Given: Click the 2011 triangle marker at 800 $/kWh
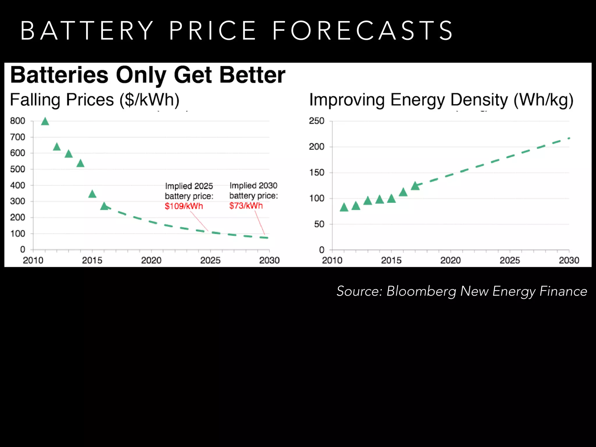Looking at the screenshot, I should pyautogui.click(x=45, y=122).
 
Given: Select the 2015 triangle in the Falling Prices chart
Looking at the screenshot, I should pyautogui.click(x=92, y=194).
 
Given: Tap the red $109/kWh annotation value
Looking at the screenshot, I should pyautogui.click(x=184, y=206).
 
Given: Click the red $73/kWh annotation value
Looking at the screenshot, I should pyautogui.click(x=246, y=206).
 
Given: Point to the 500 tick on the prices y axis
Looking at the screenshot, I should pyautogui.click(x=18, y=169).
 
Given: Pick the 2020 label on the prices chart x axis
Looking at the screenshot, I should pyautogui.click(x=151, y=260).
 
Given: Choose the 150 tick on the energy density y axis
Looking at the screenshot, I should pyautogui.click(x=317, y=173).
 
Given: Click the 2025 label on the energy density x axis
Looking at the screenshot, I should pyautogui.click(x=510, y=260).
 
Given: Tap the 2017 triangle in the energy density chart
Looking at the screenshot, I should pyautogui.click(x=415, y=186).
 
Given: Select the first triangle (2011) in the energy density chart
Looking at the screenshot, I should pyautogui.click(x=344, y=207).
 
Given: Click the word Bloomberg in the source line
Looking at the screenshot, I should pyautogui.click(x=421, y=291).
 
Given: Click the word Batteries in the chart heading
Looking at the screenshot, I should pyautogui.click(x=59, y=75).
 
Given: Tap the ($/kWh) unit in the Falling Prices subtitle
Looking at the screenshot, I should pyautogui.click(x=149, y=100).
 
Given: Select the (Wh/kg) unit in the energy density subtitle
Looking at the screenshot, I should pyautogui.click(x=543, y=100).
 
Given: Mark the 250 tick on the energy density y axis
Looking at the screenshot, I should pyautogui.click(x=317, y=121).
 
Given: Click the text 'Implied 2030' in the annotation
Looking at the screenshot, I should pyautogui.click(x=253, y=185).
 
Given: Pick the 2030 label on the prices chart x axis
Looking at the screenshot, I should pyautogui.click(x=269, y=260).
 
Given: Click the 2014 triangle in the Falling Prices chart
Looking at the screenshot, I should pyautogui.click(x=80, y=164).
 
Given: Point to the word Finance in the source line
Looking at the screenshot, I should pyautogui.click(x=563, y=291).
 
